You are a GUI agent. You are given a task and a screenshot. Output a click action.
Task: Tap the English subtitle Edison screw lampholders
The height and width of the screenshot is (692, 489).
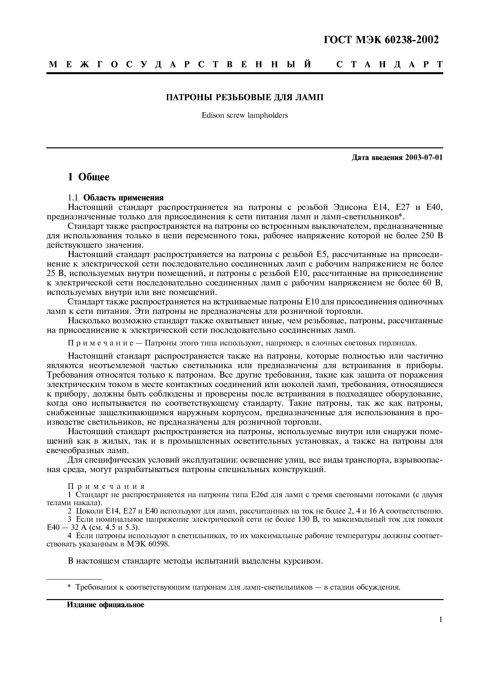pos(245,115)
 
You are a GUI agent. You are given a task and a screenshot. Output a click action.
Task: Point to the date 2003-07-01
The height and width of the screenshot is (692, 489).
pos(424,158)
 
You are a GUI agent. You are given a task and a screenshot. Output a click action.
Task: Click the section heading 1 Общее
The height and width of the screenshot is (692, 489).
pos(89,177)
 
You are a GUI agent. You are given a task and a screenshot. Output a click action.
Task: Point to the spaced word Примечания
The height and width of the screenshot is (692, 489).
pos(106,486)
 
